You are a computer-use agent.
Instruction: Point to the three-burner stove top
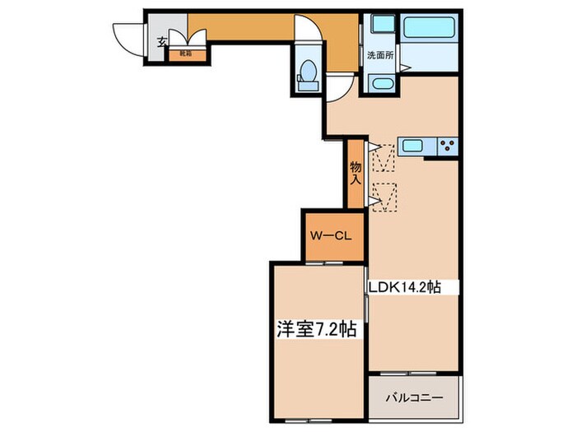(449, 146)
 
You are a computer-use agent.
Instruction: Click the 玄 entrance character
(161, 41)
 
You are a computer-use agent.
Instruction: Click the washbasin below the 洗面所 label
(381, 83)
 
